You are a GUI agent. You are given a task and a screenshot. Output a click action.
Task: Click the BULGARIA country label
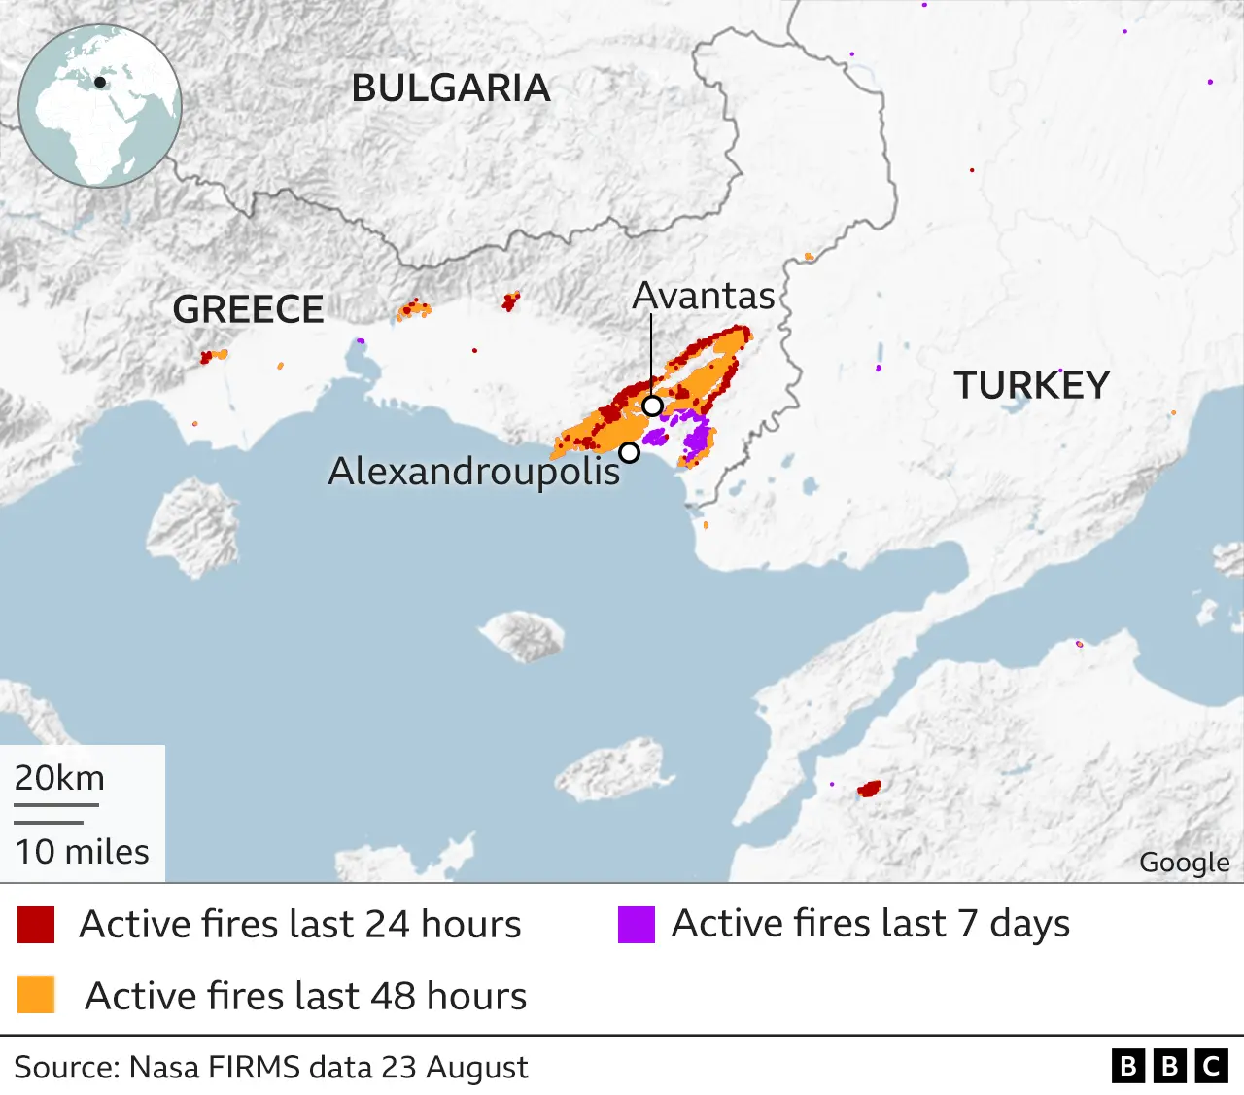pos(451,88)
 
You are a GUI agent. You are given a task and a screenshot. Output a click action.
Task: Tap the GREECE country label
pos(248,309)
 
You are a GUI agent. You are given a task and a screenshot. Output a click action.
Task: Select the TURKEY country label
pos(1031,385)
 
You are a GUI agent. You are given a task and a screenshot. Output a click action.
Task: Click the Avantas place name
pos(704,296)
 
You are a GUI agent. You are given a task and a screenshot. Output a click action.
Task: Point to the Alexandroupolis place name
pos(474,471)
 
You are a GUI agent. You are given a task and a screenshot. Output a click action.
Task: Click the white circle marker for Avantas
pos(653,406)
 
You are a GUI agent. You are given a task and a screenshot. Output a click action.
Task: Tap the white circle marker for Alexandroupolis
pos(630,452)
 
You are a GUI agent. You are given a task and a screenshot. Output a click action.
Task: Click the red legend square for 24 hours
pos(36,925)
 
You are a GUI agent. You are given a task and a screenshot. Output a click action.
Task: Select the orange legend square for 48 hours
pos(36,996)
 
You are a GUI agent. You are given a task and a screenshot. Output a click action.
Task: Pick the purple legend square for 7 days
pos(636,925)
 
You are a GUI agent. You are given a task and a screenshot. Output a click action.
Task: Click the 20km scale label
pos(59,778)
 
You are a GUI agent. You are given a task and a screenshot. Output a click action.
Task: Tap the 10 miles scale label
pos(82,852)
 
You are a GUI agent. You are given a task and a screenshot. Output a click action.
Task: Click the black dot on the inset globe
pos(99,83)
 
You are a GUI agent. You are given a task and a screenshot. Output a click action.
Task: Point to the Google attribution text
pos(1184,863)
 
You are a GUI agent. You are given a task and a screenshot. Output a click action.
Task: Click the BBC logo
pos(1169,1067)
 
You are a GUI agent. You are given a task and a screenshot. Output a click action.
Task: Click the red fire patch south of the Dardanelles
pos(869,789)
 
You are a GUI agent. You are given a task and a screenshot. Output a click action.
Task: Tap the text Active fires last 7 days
pos(870,924)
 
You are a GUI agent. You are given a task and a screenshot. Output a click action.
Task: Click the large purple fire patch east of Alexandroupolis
pos(696,440)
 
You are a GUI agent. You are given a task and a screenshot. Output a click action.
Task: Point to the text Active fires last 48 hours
pos(305,996)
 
